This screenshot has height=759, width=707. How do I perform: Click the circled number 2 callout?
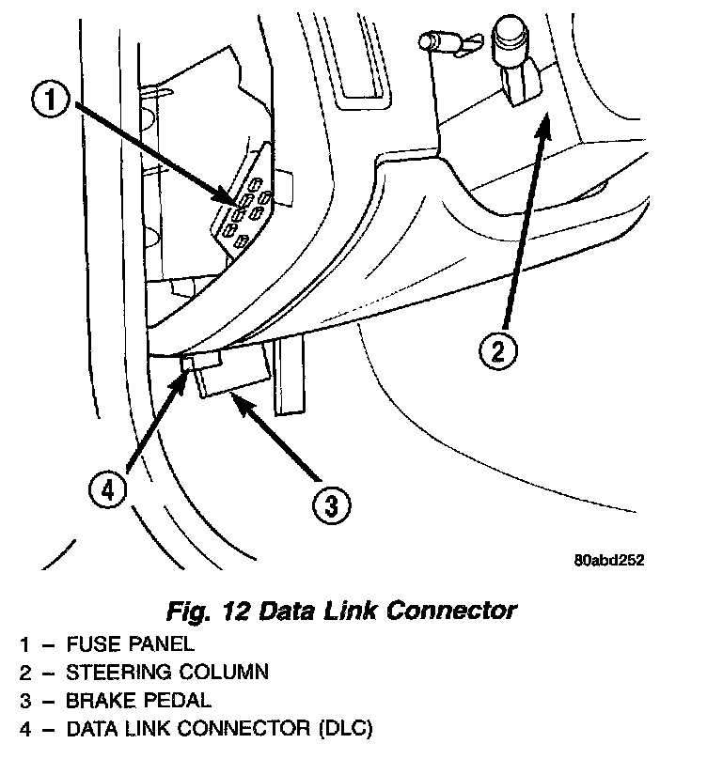pyautogui.click(x=497, y=351)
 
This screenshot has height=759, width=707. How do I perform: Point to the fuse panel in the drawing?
pyautogui.click(x=248, y=210)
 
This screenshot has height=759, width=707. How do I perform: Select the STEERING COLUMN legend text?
pyautogui.click(x=166, y=672)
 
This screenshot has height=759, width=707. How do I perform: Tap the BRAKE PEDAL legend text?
pyautogui.click(x=138, y=700)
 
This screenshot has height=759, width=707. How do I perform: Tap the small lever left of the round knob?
pyautogui.click(x=436, y=42)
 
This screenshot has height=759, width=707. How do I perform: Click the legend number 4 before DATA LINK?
pyautogui.click(x=25, y=728)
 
